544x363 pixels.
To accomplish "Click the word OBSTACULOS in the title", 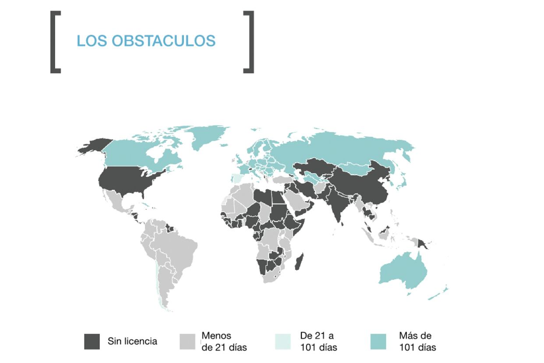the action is tap(163, 41).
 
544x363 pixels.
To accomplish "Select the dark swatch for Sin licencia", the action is tap(92, 342).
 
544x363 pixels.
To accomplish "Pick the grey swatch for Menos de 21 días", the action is tap(187, 342).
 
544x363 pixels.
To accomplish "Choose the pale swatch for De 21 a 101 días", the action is tap(283, 342).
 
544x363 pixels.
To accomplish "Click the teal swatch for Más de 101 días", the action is tap(379, 342).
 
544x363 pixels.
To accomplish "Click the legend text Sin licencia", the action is tap(132, 342).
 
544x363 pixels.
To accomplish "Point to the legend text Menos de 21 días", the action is tap(224, 342).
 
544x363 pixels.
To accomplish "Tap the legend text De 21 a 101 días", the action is tap(318, 342).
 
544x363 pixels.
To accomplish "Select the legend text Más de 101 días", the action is tap(417, 342).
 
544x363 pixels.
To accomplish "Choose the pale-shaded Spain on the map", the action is tap(236, 178).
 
